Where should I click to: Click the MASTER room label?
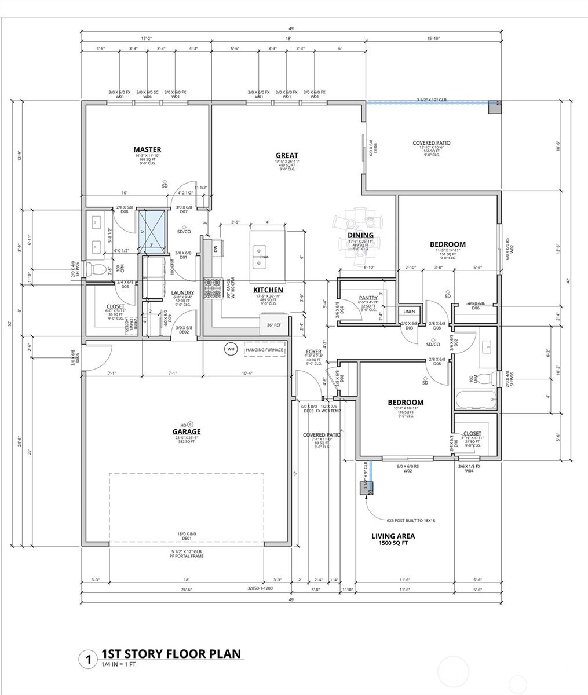point(147,150)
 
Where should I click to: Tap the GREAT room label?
point(287,155)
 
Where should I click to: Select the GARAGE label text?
point(186,431)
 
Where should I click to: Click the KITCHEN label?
point(268,290)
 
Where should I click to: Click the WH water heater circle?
point(231,349)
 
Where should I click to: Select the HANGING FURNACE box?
point(264,350)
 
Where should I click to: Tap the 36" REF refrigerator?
point(274,325)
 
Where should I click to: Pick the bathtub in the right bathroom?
point(475,399)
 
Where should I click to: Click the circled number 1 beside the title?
point(87,659)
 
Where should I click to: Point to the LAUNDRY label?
point(182,293)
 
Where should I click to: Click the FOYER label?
point(313,352)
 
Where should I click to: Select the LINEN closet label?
point(409,312)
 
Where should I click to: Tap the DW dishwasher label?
point(215,248)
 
